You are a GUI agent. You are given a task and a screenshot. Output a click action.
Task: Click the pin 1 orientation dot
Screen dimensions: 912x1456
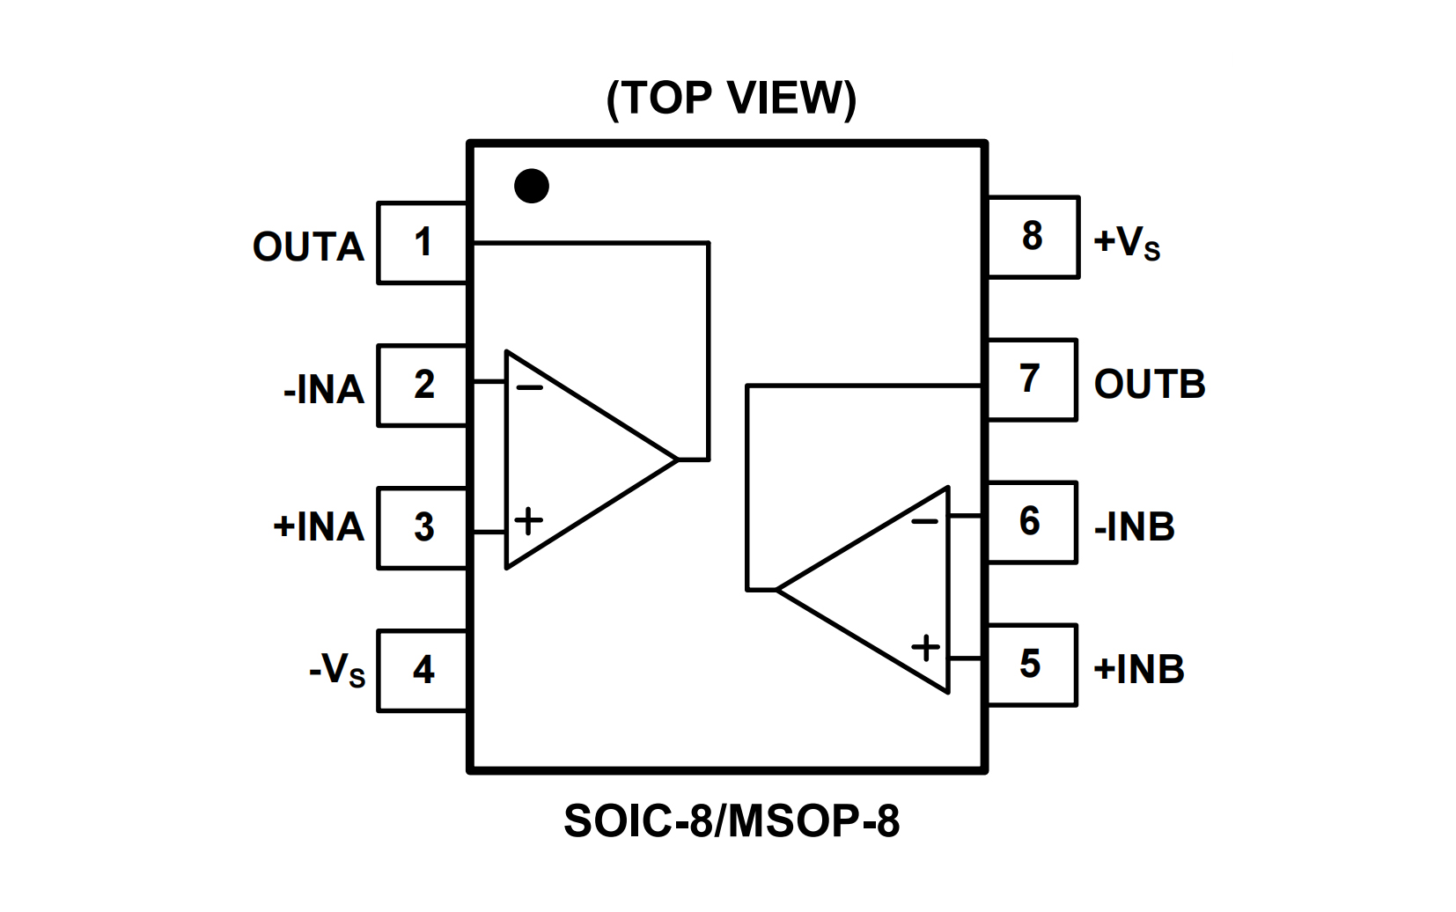(532, 186)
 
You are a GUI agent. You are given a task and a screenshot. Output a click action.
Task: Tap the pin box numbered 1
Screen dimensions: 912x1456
(423, 243)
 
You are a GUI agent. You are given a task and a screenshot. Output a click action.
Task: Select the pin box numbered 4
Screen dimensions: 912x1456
(423, 671)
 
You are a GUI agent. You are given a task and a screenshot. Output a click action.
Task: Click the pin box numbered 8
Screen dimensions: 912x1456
(1033, 237)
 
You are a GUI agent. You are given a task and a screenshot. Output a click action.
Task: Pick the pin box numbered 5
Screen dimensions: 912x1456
(1031, 665)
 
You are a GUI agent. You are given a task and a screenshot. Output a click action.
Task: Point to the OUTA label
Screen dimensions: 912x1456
(308, 247)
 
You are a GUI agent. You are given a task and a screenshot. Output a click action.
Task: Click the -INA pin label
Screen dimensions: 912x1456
(323, 390)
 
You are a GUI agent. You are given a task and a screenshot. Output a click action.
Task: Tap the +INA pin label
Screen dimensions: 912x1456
(319, 527)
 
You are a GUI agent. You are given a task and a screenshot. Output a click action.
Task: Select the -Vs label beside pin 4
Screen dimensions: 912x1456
(337, 670)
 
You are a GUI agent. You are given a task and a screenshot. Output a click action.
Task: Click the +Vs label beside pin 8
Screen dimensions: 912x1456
(1127, 242)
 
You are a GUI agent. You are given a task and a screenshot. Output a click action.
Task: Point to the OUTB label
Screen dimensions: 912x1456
(1149, 385)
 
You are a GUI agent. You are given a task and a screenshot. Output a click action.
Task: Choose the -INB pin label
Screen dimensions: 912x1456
(1134, 527)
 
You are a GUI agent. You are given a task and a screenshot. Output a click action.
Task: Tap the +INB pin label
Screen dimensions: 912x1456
(1138, 670)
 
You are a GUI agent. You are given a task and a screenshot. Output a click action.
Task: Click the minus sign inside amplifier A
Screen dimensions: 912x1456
(530, 387)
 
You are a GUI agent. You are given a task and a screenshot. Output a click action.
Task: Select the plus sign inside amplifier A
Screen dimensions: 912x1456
(529, 521)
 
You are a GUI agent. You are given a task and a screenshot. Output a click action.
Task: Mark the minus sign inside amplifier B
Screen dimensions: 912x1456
(925, 522)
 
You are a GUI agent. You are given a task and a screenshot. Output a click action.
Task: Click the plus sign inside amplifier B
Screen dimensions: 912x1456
(925, 649)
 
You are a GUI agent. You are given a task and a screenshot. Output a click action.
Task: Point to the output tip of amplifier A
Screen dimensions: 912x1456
(678, 460)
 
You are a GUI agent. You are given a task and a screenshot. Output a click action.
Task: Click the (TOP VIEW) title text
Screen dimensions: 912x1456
(731, 98)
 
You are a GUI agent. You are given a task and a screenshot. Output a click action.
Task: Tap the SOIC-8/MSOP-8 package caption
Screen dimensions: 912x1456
(731, 821)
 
